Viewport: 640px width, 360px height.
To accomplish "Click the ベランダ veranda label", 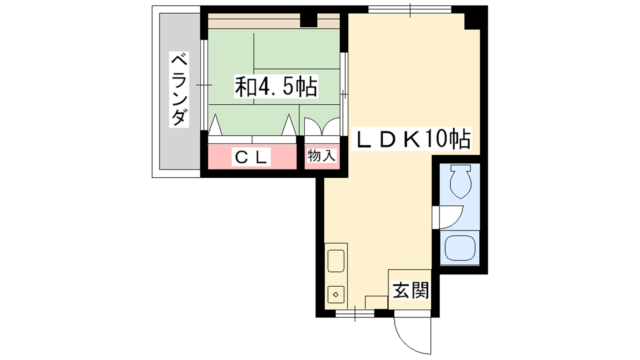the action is (179, 90).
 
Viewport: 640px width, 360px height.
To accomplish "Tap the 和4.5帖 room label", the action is (276, 86).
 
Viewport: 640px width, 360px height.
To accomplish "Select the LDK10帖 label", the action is (411, 139).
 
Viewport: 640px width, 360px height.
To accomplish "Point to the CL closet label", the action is (251, 157).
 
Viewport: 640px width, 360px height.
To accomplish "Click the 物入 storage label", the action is (322, 156).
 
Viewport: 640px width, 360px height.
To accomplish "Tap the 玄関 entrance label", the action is (410, 290).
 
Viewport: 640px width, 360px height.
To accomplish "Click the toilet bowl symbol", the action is (460, 182).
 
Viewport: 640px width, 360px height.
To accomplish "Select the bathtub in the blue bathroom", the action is (460, 248).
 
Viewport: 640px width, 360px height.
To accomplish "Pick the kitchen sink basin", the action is (336, 260).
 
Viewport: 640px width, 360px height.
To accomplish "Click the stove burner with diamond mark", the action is (336, 294).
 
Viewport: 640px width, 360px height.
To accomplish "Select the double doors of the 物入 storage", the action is (322, 126).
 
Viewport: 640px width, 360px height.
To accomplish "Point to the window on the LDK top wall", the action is (410, 10).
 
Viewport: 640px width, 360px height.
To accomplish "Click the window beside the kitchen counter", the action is (354, 314).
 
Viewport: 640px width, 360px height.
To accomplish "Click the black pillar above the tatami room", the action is (308, 20).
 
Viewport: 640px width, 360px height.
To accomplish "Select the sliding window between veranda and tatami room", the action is (204, 85).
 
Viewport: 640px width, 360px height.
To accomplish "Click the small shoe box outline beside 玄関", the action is (376, 302).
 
